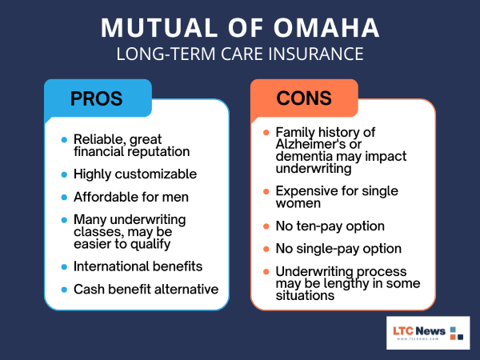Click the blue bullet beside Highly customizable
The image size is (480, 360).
pos(64,174)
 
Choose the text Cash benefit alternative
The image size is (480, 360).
pos(146,288)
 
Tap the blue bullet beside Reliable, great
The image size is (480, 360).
pos(64,139)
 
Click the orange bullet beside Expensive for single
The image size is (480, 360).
pos(266,192)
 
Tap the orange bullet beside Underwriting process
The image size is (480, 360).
pos(266,272)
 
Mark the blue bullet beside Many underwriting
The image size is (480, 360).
pos(64,219)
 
